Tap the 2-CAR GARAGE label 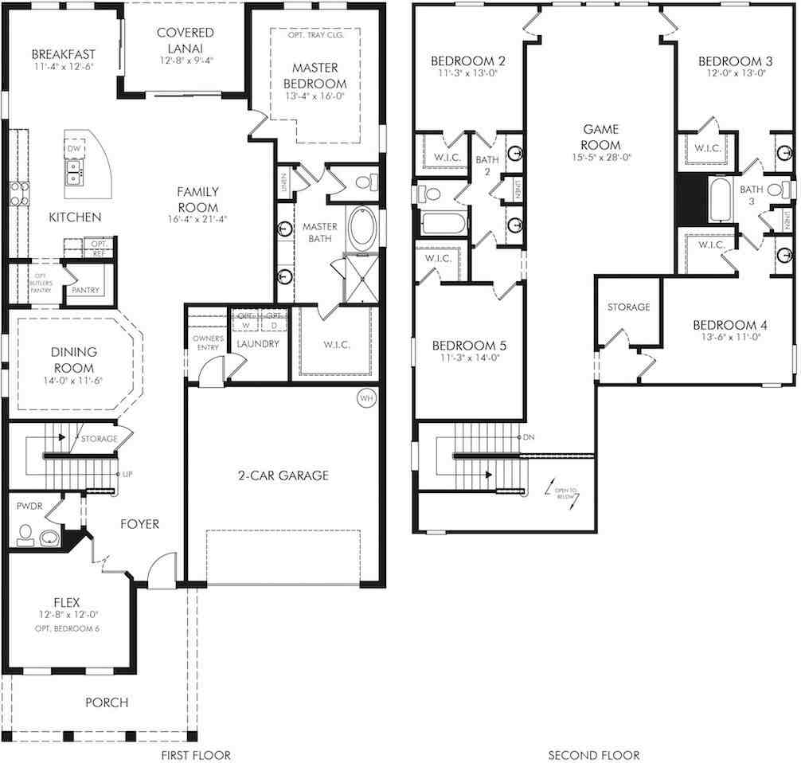pos(282,475)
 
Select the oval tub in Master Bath pos(362,225)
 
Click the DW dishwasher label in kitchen pos(73,149)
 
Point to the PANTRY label pos(85,290)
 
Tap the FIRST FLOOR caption pos(195,754)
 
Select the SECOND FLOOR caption pos(594,754)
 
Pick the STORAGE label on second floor pos(628,307)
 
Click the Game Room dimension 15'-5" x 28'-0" pos(601,158)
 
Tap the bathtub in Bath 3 pos(719,200)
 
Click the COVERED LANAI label pos(185,40)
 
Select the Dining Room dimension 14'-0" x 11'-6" pos(73,380)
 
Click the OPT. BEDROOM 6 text pos(72,628)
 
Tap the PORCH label pos(107,702)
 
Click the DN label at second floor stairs pos(529,438)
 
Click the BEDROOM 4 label pos(729,325)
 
